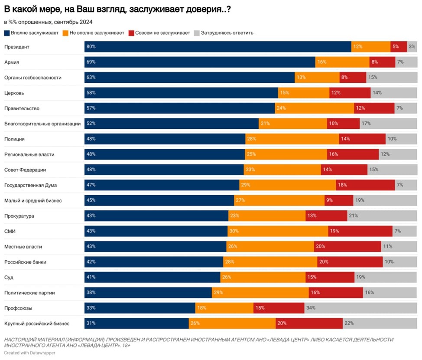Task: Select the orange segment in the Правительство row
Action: tap(314, 108)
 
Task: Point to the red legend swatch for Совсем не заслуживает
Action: tap(131, 33)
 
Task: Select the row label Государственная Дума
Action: tap(30, 185)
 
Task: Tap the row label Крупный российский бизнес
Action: tap(37, 324)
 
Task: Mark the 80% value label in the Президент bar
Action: tap(91, 47)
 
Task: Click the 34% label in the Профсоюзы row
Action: tap(311, 308)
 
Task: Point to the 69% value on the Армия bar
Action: tap(91, 62)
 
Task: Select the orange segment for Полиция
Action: tap(292, 139)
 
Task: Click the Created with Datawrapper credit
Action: tap(29, 353)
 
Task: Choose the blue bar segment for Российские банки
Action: tap(154, 262)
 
